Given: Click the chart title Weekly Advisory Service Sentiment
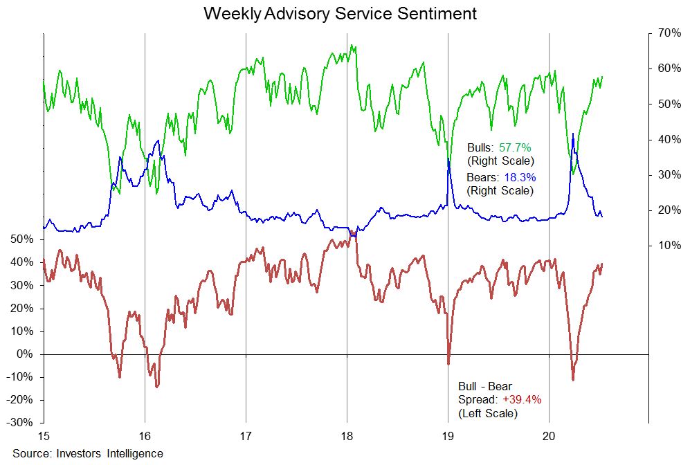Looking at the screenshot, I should click(x=340, y=13).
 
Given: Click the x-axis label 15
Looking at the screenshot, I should click(x=44, y=437).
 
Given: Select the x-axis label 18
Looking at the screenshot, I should click(x=347, y=437).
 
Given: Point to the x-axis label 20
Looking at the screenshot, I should click(x=549, y=437).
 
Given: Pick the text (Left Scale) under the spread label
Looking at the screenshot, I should click(x=487, y=413).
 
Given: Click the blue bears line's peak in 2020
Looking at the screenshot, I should click(x=573, y=134).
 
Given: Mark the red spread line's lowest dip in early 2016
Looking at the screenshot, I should click(x=157, y=386).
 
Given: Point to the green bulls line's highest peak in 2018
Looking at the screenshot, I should click(x=352, y=46).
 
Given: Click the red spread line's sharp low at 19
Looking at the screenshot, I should click(x=448, y=363).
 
